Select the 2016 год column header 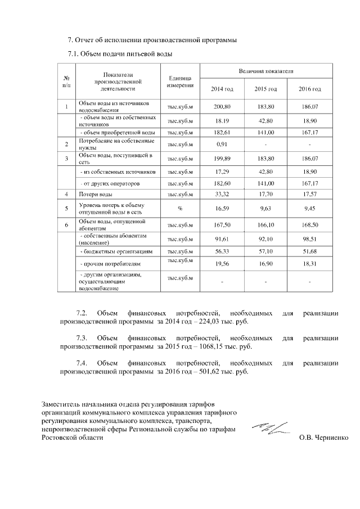309,89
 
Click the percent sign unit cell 180,209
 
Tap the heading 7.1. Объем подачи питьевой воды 120,54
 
